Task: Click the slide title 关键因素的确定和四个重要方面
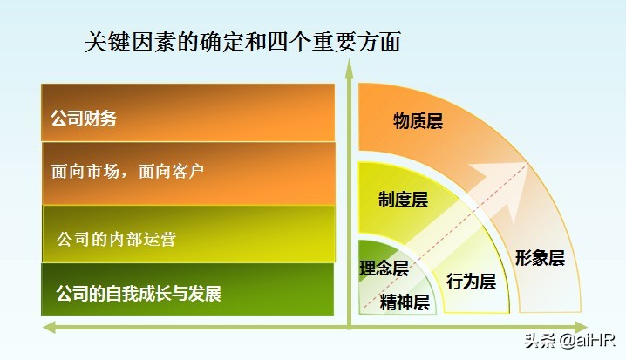(242, 42)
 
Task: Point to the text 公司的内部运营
(116, 238)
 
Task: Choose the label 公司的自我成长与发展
(138, 293)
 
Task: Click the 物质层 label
(418, 121)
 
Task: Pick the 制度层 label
(403, 200)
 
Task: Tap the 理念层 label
(384, 268)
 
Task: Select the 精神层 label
(405, 302)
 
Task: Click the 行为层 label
(471, 282)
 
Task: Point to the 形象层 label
(540, 258)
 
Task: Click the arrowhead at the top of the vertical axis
(349, 68)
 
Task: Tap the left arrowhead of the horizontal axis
(50, 327)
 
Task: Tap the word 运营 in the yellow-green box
(160, 238)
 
